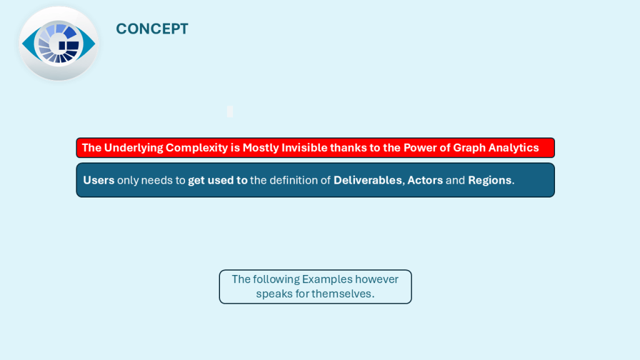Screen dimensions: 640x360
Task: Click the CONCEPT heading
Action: tap(152, 29)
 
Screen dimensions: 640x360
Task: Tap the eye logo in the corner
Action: tap(59, 43)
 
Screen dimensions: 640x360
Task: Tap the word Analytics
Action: tap(514, 147)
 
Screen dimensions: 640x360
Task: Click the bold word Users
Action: tap(99, 180)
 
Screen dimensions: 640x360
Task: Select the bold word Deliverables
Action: tap(367, 180)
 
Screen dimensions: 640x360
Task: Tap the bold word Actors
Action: tap(425, 180)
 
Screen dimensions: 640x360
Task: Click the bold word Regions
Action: tap(489, 181)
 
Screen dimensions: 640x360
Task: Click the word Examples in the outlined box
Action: tap(327, 279)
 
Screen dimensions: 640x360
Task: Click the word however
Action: tap(376, 279)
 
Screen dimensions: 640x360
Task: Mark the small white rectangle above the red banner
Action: tap(230, 111)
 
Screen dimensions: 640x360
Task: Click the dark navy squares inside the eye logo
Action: tap(69, 45)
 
